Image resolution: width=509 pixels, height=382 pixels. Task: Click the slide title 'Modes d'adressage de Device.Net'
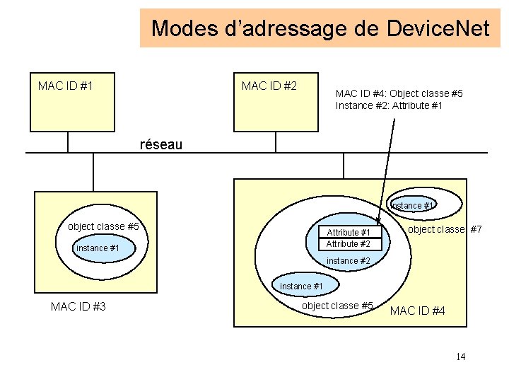(x=320, y=28)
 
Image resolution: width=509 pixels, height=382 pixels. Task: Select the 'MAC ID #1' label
(x=66, y=86)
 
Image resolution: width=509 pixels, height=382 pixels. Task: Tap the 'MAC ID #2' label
(x=269, y=86)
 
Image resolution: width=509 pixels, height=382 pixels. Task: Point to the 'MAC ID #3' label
(x=78, y=306)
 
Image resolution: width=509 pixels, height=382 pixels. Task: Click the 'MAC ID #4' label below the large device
(x=418, y=311)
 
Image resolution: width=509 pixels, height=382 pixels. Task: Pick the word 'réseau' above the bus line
(x=161, y=144)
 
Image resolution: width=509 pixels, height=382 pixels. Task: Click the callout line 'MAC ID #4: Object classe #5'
(x=399, y=93)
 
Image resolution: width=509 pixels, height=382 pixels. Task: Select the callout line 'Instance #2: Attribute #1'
(x=389, y=105)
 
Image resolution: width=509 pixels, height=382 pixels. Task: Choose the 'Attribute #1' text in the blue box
(x=348, y=233)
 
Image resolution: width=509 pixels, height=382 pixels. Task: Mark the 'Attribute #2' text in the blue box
(x=348, y=244)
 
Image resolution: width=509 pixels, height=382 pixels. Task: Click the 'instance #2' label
(x=349, y=261)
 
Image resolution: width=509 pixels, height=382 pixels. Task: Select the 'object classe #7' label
(x=445, y=229)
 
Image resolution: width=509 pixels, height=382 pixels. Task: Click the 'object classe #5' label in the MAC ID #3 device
(x=103, y=226)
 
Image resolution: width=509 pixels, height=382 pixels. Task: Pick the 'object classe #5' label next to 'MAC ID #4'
(x=337, y=306)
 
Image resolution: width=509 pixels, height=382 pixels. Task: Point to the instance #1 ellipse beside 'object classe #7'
(x=414, y=205)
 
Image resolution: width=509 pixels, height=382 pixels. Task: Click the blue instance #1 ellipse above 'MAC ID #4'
(x=302, y=286)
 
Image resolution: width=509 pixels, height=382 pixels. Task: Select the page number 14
(x=460, y=357)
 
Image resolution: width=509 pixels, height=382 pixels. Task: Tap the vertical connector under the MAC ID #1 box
(x=69, y=141)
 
